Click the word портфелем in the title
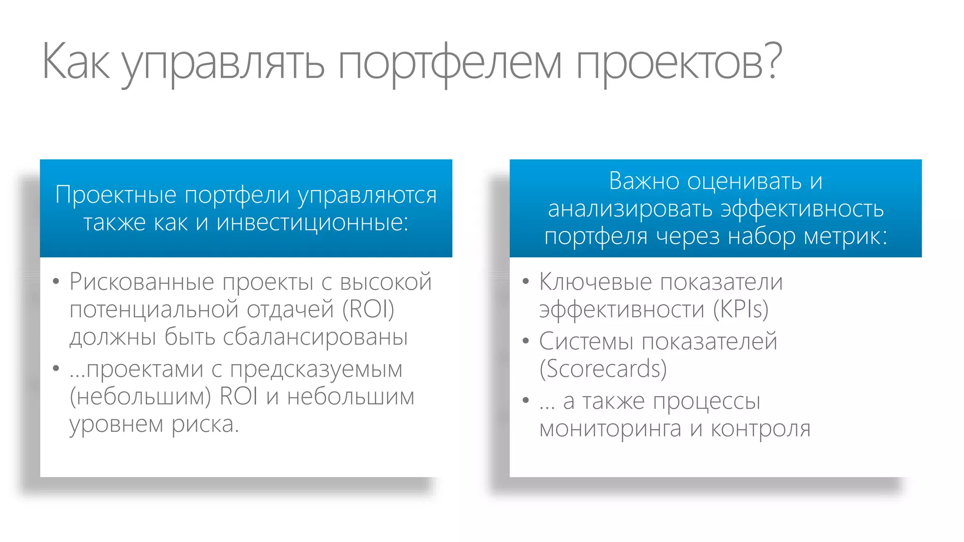click(450, 64)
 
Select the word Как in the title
click(76, 61)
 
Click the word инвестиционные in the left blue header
click(312, 222)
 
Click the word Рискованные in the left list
click(142, 282)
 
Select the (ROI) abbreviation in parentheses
click(368, 309)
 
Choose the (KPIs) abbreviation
click(740, 309)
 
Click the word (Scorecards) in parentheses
click(603, 368)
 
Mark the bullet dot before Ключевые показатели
click(526, 282)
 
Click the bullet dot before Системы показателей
click(526, 341)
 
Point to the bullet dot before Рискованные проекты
click(56, 282)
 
